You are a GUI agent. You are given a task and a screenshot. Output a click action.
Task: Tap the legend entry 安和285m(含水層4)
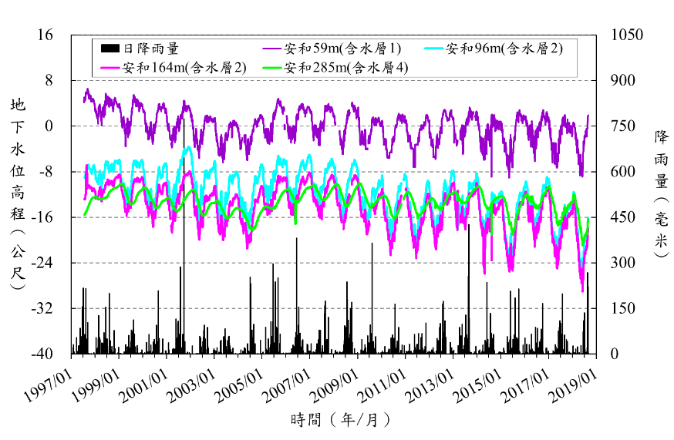[x=345, y=67]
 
